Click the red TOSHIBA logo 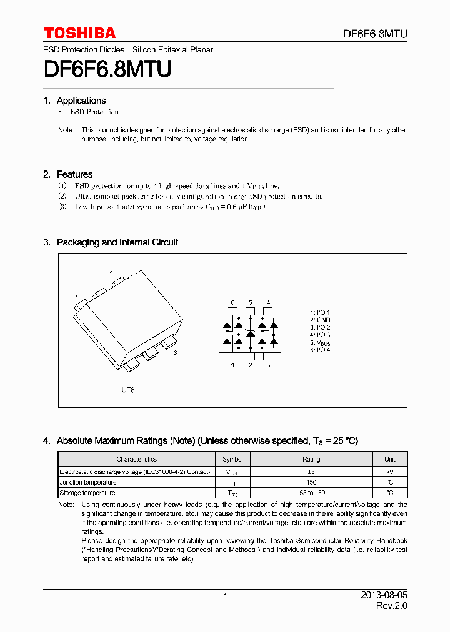click(79, 33)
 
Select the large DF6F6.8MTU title click(107, 69)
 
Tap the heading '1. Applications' click(74, 101)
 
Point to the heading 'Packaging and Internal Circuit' click(117, 242)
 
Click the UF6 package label click(127, 390)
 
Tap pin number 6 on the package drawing click(75, 295)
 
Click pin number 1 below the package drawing click(138, 375)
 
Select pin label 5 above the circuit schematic click(250, 303)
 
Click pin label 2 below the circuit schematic click(250, 365)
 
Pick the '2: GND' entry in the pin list click(319, 320)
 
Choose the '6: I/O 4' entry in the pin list click(319, 350)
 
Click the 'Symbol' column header click(232, 459)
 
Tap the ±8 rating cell click(311, 472)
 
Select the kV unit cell click(389, 472)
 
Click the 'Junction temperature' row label click(87, 482)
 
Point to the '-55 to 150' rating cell click(311, 493)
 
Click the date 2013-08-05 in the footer click(384, 596)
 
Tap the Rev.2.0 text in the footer click(391, 606)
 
